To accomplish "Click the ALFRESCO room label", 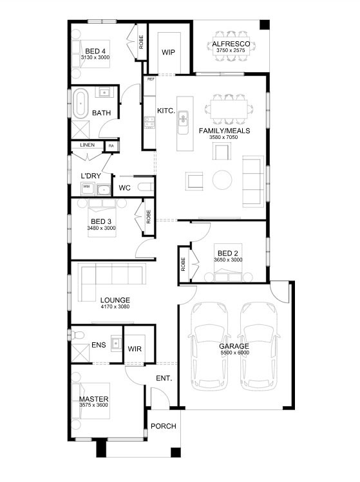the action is (x=231, y=44).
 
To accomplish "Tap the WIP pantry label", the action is (x=168, y=52).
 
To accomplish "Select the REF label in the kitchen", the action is (x=151, y=79).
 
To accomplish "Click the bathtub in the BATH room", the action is (x=81, y=104).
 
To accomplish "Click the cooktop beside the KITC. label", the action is (x=149, y=122).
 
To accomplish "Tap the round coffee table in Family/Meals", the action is (x=222, y=180).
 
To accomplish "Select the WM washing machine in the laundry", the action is (x=86, y=188).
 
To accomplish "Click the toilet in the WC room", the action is (x=145, y=187).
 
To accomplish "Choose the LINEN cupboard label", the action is (x=88, y=145).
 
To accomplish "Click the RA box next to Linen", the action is (x=111, y=146).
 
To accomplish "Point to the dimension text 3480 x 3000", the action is (x=101, y=228).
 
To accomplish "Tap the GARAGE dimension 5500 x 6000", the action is (x=235, y=353).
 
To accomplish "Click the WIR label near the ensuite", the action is (x=135, y=349).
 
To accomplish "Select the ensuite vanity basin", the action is (x=117, y=343).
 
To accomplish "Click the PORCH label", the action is (x=164, y=426).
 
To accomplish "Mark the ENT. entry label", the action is (x=164, y=378).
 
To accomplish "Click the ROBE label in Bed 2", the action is (x=184, y=264).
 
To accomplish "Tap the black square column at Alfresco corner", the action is (x=265, y=25).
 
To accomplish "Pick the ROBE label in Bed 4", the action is (x=141, y=42).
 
